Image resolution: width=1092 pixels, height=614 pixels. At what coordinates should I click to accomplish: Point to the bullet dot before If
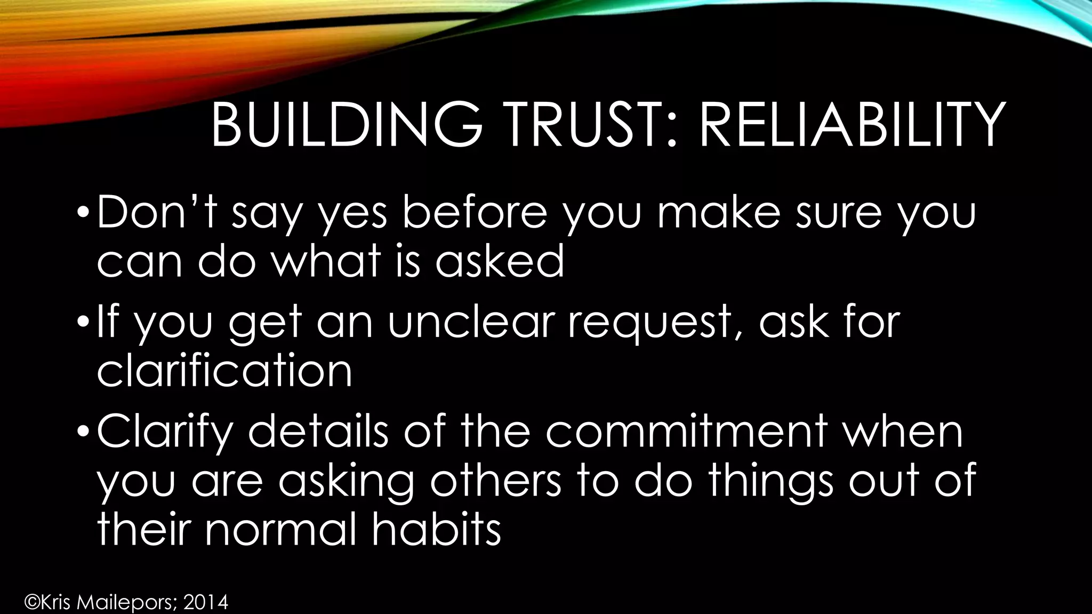pyautogui.click(x=81, y=323)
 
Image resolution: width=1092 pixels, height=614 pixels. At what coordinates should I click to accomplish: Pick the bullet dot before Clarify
pyautogui.click(x=81, y=432)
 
